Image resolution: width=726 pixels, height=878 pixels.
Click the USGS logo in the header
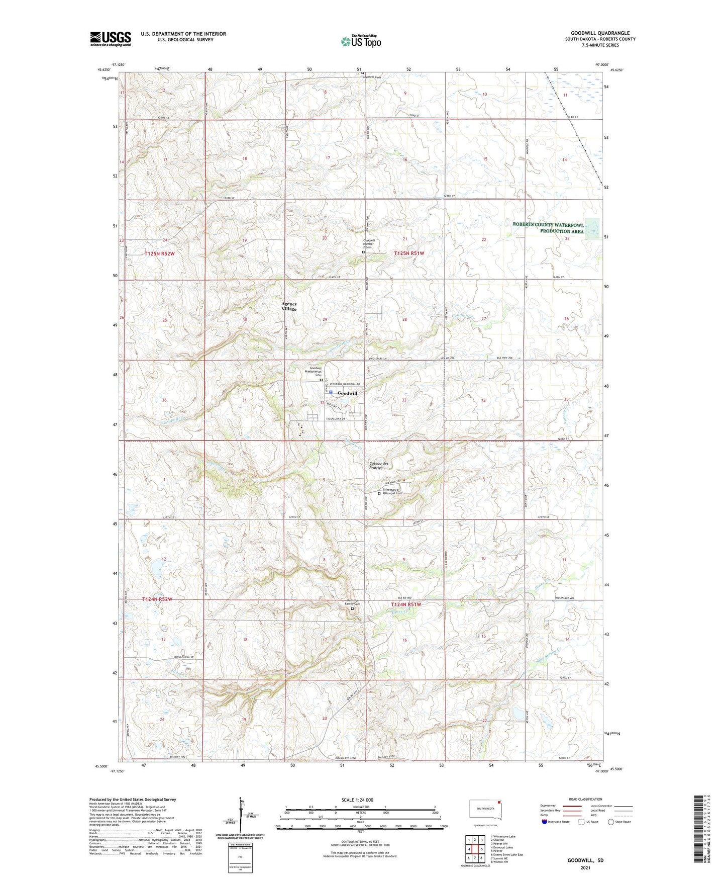111,39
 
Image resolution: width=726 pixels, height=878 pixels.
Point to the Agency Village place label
289,306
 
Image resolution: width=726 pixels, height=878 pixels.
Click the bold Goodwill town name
347,393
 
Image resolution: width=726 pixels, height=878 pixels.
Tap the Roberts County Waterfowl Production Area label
548,228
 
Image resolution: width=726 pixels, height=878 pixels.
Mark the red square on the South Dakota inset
499,816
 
